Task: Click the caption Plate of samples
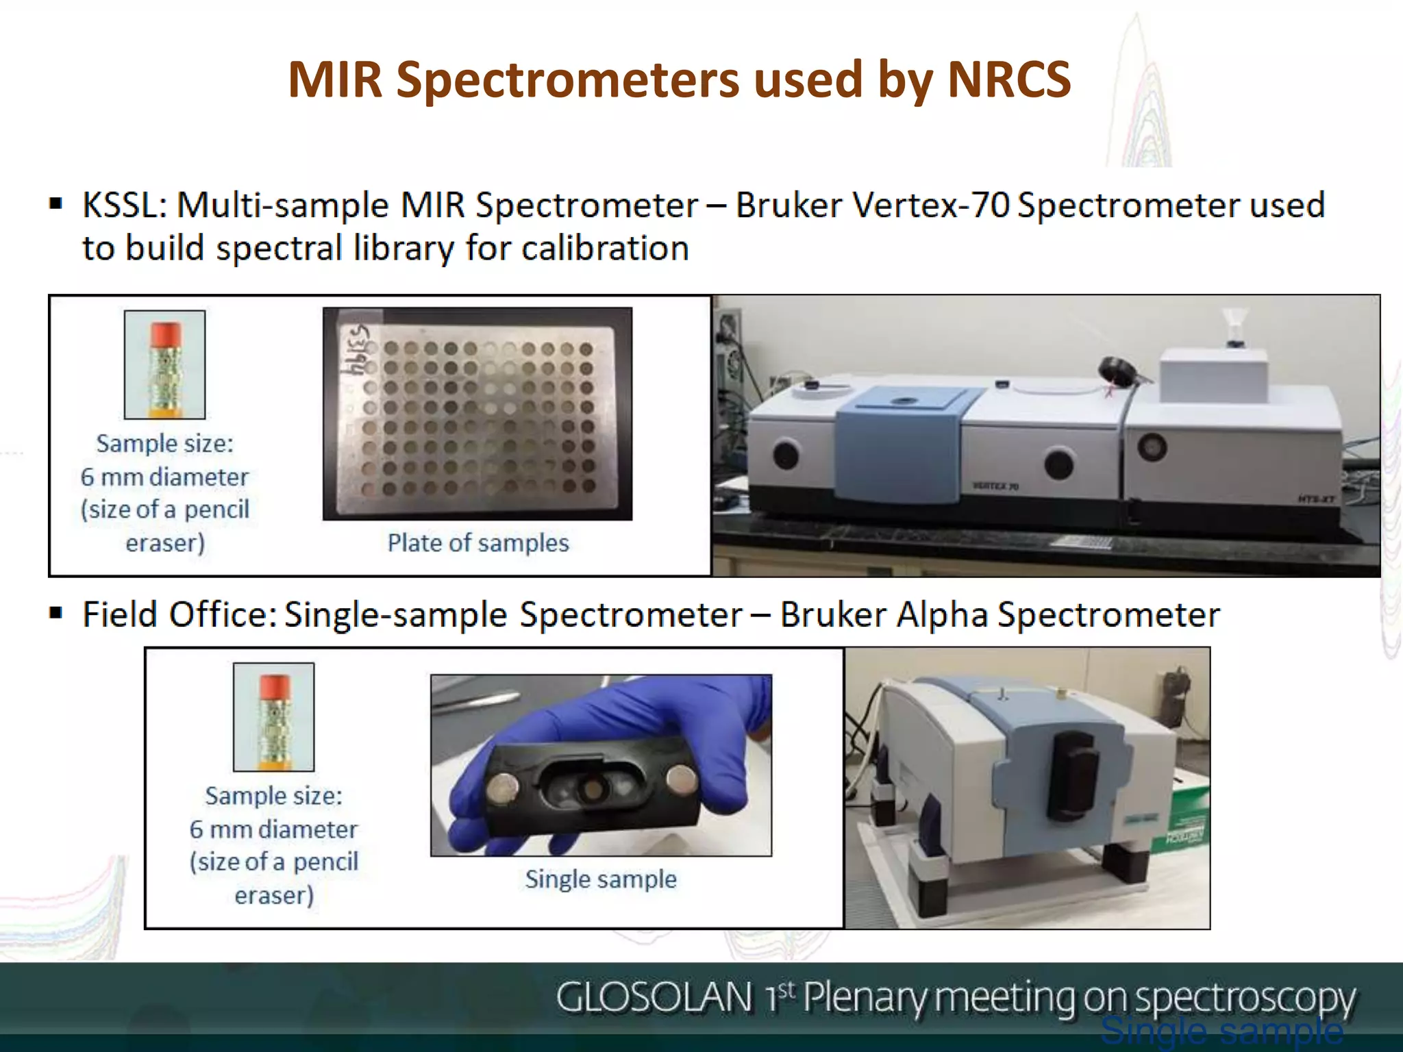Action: pos(478,543)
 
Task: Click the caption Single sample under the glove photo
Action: pos(601,879)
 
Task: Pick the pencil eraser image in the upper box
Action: pos(164,365)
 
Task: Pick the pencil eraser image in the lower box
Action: pos(273,716)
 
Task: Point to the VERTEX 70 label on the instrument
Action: pos(995,486)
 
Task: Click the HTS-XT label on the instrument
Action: pos(1315,499)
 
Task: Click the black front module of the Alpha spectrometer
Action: pos(1076,774)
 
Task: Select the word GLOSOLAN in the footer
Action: pos(654,997)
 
